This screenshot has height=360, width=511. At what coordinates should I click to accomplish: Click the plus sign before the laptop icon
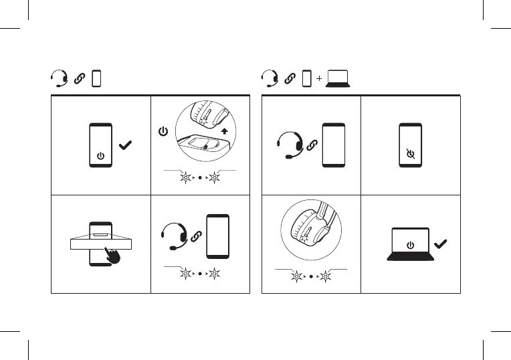tap(319, 79)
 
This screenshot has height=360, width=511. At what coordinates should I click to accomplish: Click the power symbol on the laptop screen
tap(409, 244)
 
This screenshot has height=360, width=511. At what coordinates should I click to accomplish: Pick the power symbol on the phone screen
tap(100, 155)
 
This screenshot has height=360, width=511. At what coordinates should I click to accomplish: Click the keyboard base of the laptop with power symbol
tap(409, 256)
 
